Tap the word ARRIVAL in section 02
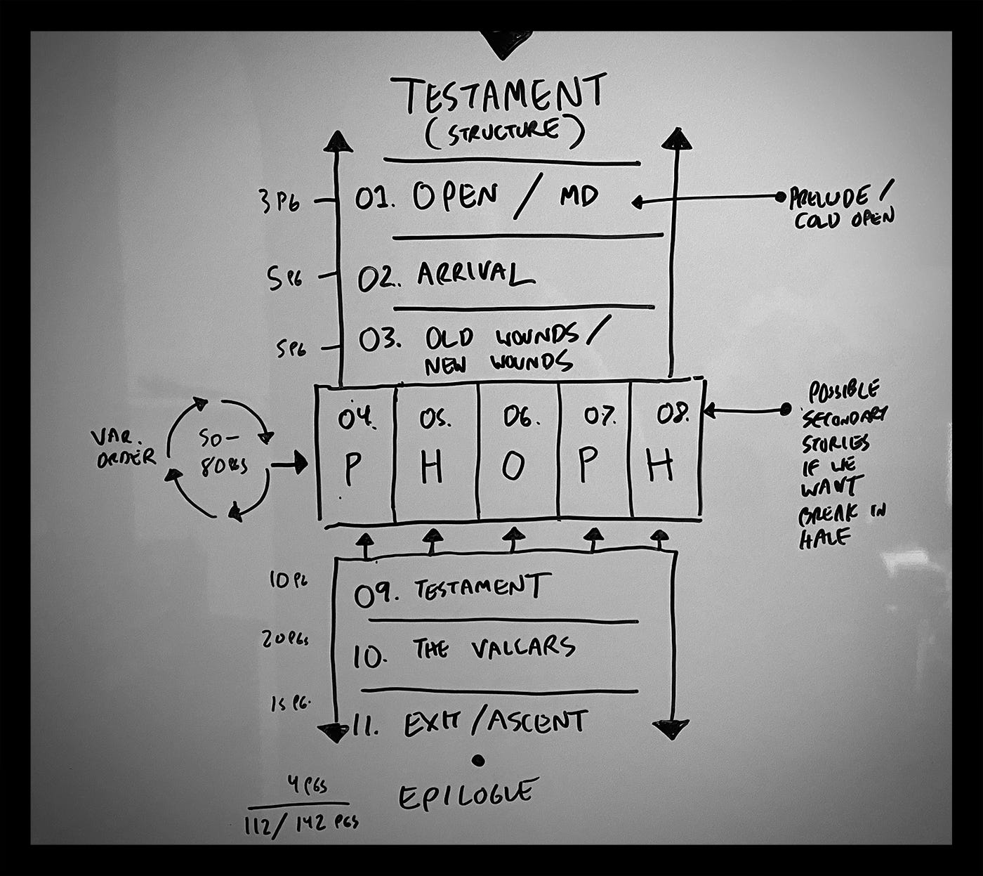click(475, 274)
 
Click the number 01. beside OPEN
click(375, 199)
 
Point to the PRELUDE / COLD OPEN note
click(841, 208)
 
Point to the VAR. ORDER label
click(123, 448)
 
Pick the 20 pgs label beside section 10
click(285, 639)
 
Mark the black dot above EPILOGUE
click(479, 759)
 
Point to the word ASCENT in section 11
click(537, 721)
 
